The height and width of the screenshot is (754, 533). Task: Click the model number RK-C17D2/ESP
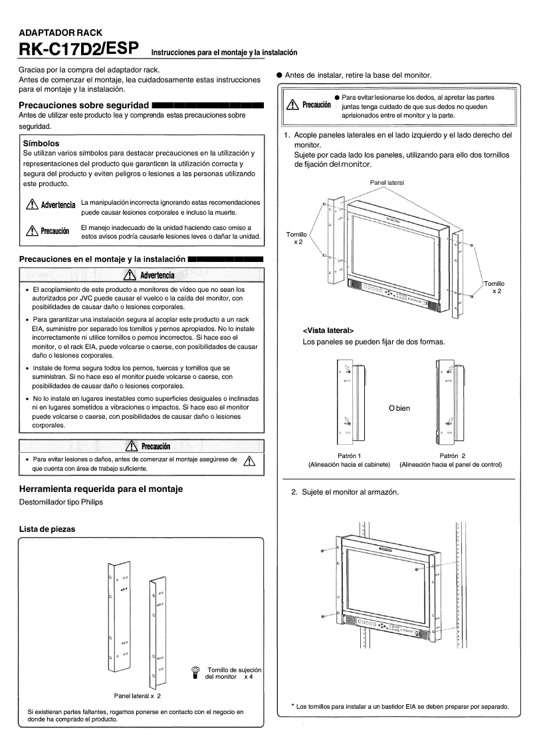click(78, 49)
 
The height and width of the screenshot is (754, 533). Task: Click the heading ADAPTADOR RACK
click(56, 32)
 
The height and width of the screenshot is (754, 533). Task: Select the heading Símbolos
click(41, 143)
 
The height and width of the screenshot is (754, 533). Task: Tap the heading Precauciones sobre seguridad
click(83, 106)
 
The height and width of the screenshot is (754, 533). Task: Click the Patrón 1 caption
click(350, 455)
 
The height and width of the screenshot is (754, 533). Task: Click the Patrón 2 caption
click(452, 455)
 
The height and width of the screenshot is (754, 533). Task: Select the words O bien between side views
click(399, 408)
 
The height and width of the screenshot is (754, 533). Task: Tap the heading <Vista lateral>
click(328, 330)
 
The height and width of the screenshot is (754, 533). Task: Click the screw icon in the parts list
click(195, 672)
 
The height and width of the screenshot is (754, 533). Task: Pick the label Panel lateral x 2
click(138, 695)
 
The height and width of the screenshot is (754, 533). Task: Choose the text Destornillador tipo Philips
click(61, 502)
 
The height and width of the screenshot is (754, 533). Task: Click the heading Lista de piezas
click(47, 529)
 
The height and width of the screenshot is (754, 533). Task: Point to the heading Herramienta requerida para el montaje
click(100, 489)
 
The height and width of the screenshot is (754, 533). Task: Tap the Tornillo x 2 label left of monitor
click(297, 239)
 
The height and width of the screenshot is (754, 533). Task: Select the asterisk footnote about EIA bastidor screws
click(400, 705)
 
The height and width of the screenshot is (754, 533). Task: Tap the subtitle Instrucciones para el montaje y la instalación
click(224, 52)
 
